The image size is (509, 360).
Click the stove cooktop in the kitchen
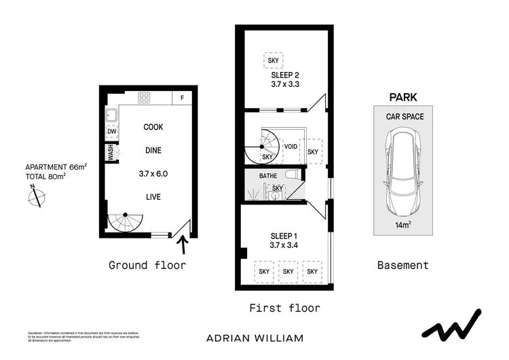tap(144, 97)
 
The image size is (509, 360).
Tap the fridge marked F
tap(181, 98)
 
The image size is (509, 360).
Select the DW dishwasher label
tap(112, 132)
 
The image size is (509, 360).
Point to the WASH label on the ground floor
tap(109, 153)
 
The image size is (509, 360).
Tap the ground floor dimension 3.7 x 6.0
tap(152, 174)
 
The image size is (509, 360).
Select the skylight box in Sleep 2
tap(274, 60)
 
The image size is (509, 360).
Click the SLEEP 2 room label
tap(283, 75)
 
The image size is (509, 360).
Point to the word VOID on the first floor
tap(290, 146)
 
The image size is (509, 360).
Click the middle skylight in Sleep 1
tap(288, 271)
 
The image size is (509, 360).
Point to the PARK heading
tap(402, 98)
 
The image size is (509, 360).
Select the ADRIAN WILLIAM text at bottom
tap(254, 338)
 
